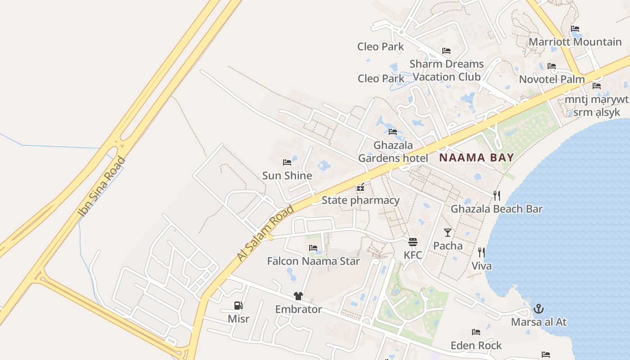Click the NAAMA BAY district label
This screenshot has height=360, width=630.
click(476, 157)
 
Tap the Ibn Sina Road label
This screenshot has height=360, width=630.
click(102, 186)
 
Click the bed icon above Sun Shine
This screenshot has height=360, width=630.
click(287, 162)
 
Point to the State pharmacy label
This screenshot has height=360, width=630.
click(360, 200)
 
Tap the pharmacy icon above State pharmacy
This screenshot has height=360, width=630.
click(360, 188)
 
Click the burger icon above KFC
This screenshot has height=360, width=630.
click(413, 242)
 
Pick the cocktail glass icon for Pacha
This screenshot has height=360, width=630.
click(447, 233)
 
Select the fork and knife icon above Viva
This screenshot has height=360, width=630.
click(481, 252)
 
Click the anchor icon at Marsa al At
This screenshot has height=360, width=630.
click(538, 309)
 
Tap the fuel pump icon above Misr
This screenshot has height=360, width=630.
click(238, 306)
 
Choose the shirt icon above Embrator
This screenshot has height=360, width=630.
click(298, 296)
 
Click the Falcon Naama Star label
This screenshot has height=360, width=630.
click(313, 261)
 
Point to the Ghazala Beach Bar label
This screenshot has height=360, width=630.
click(496, 209)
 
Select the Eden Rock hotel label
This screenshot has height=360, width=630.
click(476, 345)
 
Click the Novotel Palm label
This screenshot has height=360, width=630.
click(552, 80)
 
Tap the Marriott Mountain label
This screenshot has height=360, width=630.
click(575, 42)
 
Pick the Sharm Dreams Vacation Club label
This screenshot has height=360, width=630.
click(446, 70)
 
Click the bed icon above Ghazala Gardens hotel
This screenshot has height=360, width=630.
click(393, 132)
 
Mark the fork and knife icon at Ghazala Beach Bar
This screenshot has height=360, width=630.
click(496, 196)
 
